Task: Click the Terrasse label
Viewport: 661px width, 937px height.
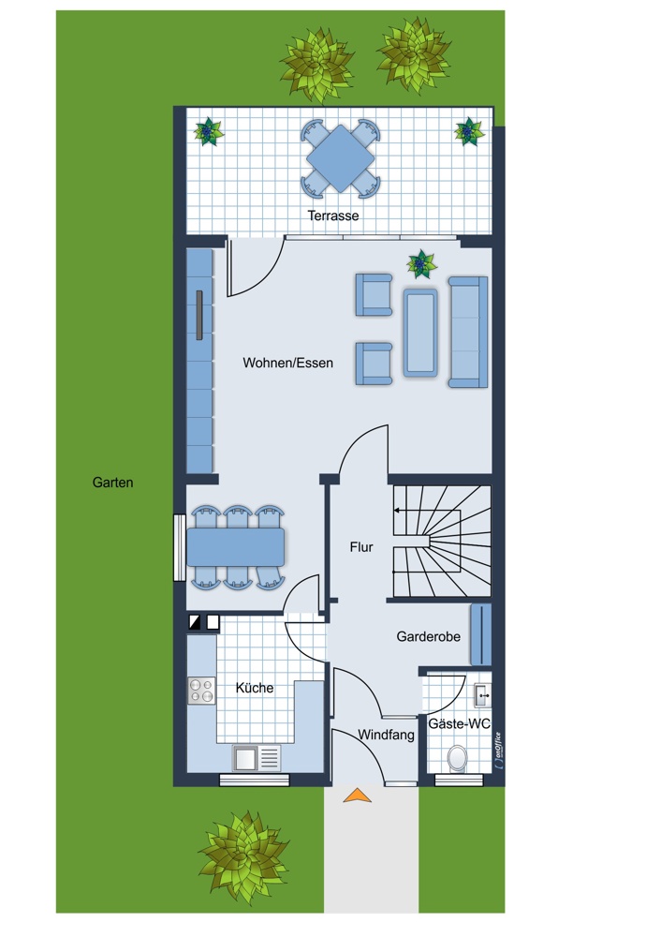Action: (333, 216)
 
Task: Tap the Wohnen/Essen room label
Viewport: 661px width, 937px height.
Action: (287, 363)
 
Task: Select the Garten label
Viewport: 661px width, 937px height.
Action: (112, 483)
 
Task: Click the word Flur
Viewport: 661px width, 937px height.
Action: (361, 547)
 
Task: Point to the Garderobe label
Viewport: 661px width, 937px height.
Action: (428, 636)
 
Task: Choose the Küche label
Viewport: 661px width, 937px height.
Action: (255, 688)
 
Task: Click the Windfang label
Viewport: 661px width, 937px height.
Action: (386, 736)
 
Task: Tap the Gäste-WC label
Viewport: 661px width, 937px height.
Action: (459, 724)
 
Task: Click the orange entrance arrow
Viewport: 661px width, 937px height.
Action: (356, 796)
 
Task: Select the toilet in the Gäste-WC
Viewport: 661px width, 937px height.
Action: (458, 757)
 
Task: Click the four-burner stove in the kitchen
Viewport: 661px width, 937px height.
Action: (201, 691)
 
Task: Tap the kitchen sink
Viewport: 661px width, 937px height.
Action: (257, 756)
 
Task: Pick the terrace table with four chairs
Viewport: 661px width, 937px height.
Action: (341, 159)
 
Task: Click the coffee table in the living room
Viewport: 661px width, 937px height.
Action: (419, 332)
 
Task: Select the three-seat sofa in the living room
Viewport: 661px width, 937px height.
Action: (468, 332)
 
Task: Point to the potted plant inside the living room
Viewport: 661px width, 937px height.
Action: (422, 264)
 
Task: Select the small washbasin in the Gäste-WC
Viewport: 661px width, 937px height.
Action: (481, 693)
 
